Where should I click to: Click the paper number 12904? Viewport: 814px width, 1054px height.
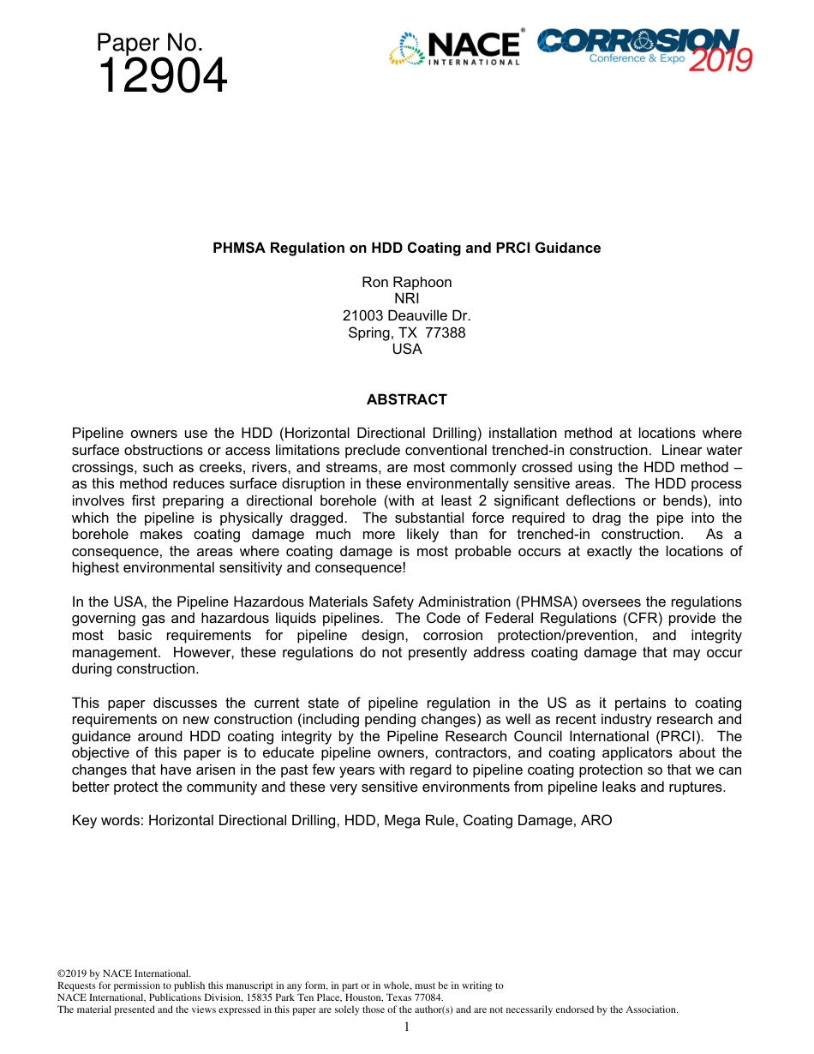(163, 77)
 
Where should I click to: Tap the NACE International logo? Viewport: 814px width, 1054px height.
(455, 48)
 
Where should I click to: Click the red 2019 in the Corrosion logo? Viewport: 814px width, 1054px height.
(721, 60)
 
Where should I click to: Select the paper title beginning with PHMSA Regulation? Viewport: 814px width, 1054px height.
(406, 248)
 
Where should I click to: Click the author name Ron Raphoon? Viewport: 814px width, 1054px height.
(406, 282)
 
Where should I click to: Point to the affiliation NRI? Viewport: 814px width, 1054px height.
(406, 299)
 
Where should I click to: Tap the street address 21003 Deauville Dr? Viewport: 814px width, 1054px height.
(406, 315)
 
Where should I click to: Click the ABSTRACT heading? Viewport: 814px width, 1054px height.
(406, 399)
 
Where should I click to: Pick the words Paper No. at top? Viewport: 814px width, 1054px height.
(149, 44)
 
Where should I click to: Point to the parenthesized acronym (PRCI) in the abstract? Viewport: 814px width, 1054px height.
(682, 736)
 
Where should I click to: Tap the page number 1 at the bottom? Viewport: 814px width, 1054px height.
(406, 1027)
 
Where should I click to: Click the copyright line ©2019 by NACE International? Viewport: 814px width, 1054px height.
(123, 973)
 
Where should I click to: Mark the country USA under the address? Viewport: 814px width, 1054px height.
(406, 349)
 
